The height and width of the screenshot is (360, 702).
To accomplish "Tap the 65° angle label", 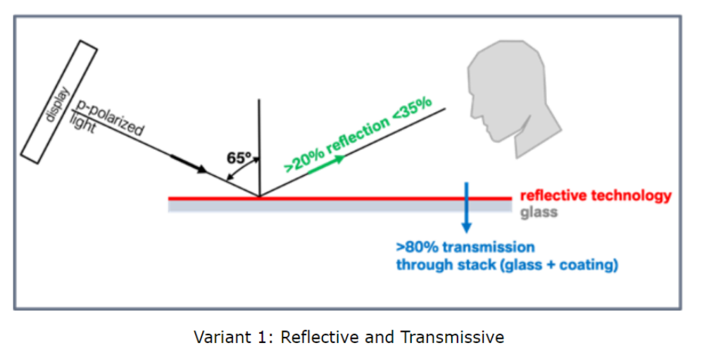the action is click(239, 158).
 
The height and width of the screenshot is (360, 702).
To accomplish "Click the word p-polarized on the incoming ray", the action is click(110, 118).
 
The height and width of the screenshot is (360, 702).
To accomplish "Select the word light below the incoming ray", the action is click(82, 123).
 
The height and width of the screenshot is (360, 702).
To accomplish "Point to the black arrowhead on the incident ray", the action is click(201, 169).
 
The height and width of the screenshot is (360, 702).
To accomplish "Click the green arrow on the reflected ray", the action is click(327, 164).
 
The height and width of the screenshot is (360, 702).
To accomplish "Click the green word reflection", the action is click(358, 134).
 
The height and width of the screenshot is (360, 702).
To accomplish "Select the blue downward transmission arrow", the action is click(467, 208).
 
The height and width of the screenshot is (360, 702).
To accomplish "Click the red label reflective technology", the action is click(596, 196).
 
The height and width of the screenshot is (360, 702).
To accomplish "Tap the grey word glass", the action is click(539, 212).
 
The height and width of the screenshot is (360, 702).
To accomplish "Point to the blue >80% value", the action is click(413, 247).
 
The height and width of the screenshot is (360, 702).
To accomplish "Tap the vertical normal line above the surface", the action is click(259, 148).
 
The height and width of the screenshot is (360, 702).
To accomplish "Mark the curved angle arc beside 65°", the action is click(242, 168).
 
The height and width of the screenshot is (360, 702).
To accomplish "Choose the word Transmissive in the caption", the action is click(452, 337).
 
